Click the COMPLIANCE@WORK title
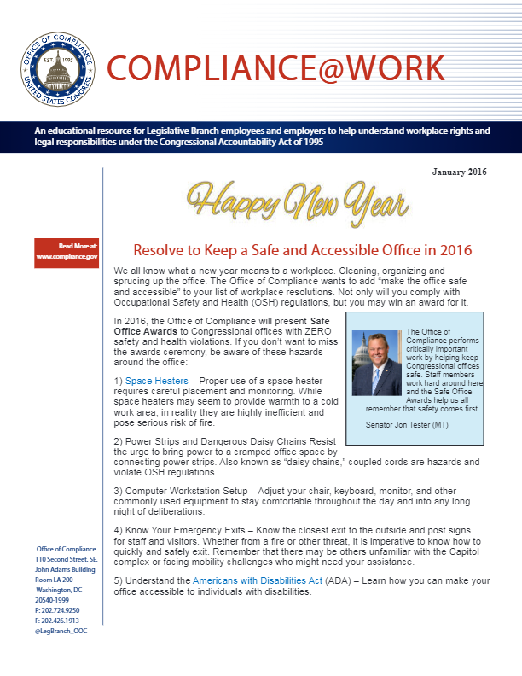[x=275, y=67]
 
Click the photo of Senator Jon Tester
[x=376, y=363]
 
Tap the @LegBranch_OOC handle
[x=61, y=631]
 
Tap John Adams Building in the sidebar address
[x=64, y=568]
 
